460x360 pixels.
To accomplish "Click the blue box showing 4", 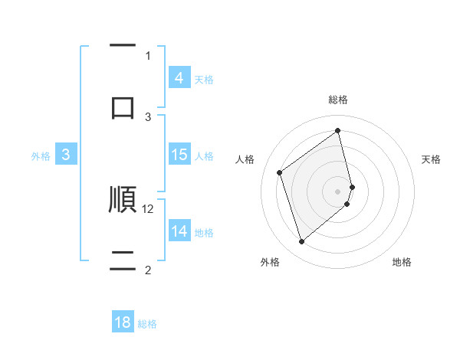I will point(179,78).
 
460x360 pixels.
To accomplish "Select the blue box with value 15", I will point(179,155).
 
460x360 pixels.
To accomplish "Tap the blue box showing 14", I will point(179,231).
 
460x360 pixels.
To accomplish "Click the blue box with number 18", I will point(123,322).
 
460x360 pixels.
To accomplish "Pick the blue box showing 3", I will point(66,155).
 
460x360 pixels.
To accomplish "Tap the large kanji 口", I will point(123,107).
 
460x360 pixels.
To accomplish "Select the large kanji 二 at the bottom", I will point(123,260).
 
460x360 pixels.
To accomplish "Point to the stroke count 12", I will point(149,208).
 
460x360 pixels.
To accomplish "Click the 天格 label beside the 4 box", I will point(204,79).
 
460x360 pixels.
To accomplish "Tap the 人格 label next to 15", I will point(204,155).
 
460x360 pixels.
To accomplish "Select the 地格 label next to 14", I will point(204,232).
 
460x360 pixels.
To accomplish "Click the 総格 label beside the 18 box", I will point(147,323).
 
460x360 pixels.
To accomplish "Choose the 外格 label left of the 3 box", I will point(41,155).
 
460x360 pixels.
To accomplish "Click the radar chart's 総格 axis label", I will point(338,100).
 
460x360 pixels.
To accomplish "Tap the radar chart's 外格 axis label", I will point(270,262).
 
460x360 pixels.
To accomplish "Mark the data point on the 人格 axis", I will point(280,172).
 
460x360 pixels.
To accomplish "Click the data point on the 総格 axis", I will point(338,130).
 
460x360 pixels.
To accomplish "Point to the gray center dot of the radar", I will point(338,191).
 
